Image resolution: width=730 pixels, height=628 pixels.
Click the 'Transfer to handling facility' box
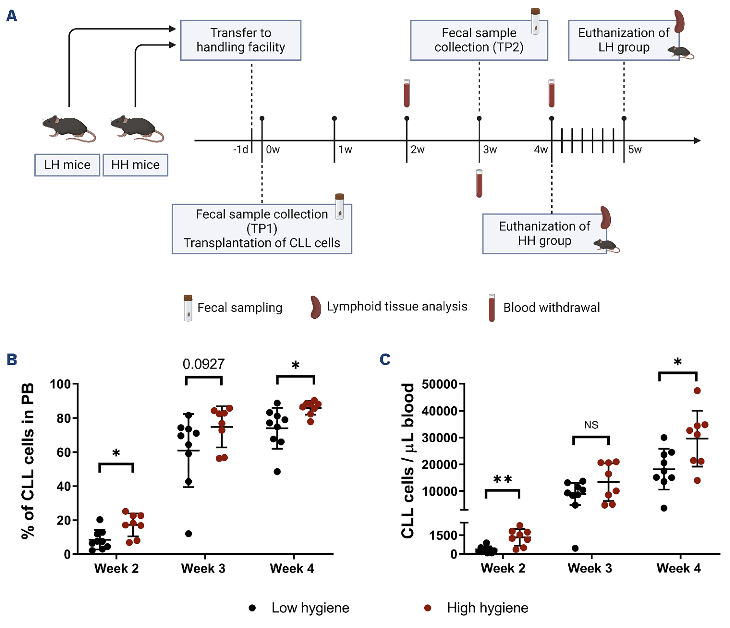click(x=241, y=40)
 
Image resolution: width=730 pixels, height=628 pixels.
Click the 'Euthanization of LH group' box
click(x=623, y=40)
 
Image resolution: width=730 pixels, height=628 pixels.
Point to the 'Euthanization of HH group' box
click(x=544, y=233)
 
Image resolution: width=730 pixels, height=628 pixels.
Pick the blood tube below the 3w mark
click(x=479, y=183)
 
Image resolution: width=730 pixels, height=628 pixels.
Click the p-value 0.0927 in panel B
click(x=203, y=364)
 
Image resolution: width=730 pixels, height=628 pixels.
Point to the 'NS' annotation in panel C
click(x=591, y=425)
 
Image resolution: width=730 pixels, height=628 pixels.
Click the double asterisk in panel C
click(x=502, y=479)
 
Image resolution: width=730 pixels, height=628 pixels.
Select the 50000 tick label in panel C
click(x=439, y=384)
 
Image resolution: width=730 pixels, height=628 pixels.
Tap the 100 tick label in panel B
click(x=60, y=384)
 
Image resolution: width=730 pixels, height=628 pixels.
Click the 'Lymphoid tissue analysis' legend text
click(x=397, y=307)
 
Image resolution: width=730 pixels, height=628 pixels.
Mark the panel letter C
click(x=385, y=360)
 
